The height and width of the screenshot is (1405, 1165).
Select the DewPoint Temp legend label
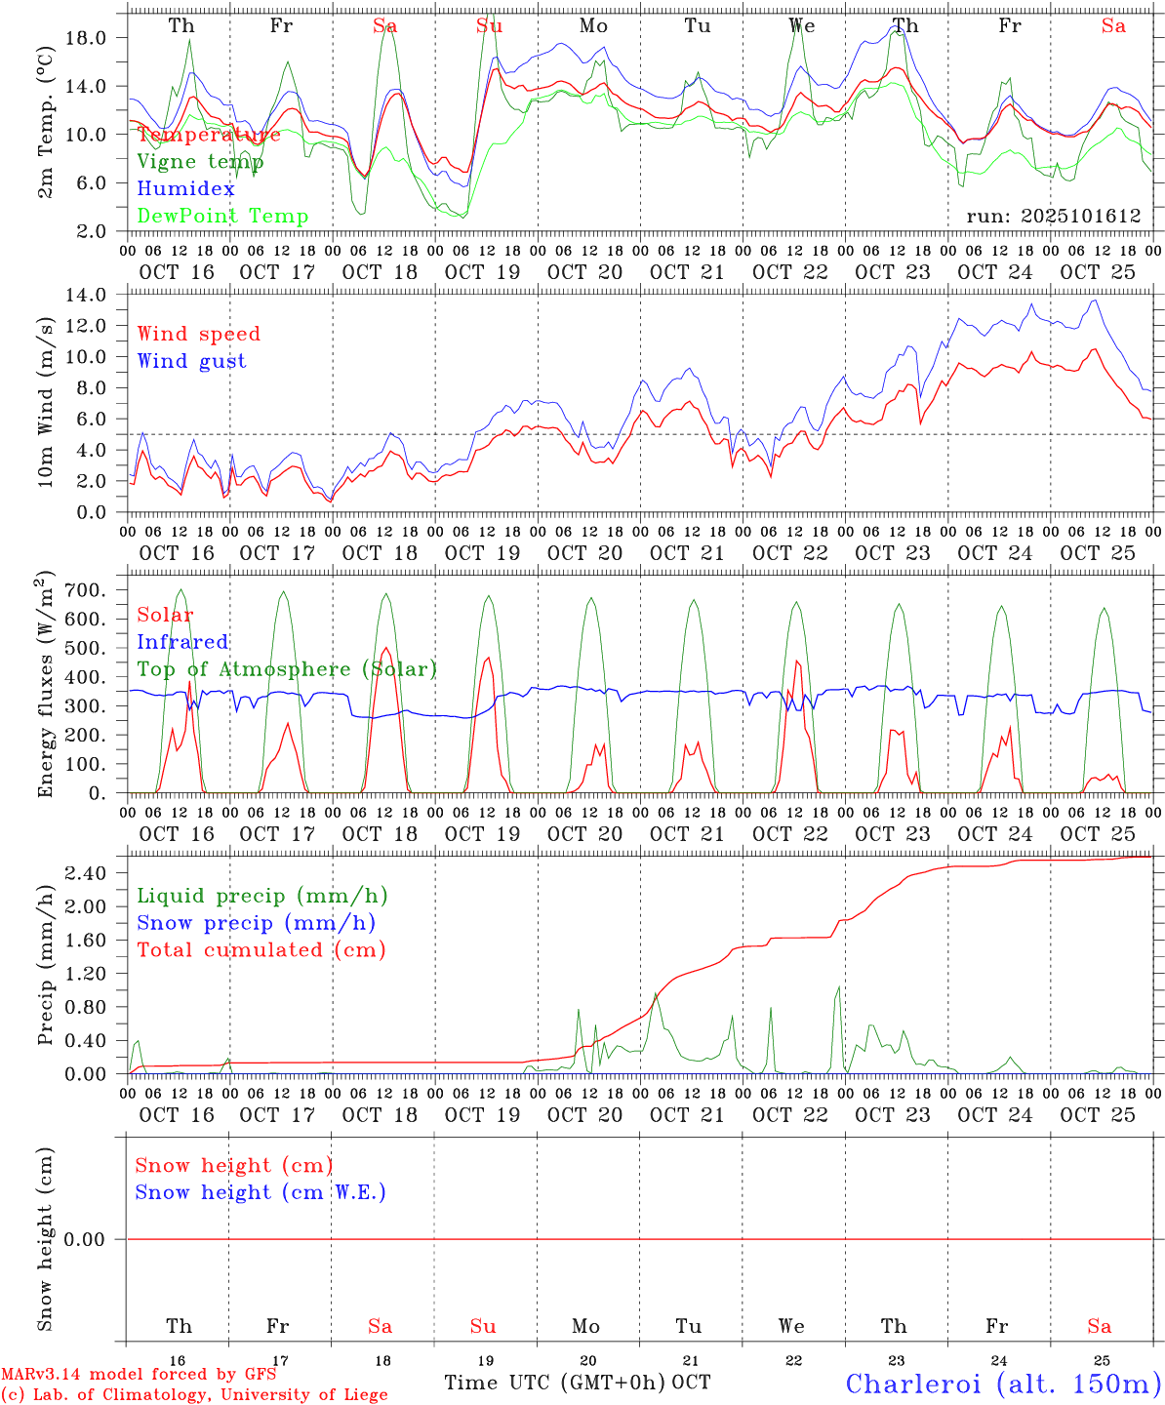[222, 216]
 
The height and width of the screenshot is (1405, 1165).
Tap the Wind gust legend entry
[191, 361]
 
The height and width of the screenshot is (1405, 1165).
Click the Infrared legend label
[182, 642]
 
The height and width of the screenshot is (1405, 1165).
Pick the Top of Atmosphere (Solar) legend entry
[287, 669]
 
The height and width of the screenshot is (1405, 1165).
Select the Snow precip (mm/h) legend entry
[256, 923]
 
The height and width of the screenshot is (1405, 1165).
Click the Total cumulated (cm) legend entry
[261, 949]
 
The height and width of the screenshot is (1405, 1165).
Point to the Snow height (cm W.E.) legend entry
[260, 1192]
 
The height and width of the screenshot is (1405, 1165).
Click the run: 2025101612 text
[1053, 216]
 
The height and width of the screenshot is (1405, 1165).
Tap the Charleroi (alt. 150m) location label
[1003, 1384]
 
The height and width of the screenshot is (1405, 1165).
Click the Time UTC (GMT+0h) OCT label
[577, 1383]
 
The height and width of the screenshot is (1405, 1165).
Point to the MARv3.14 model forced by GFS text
[139, 1375]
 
